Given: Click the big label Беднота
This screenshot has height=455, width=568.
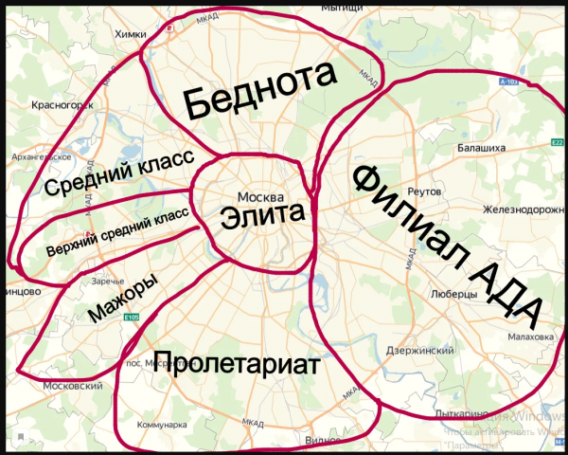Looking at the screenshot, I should coord(261,91).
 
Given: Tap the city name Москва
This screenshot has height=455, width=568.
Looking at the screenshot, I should coord(261,187).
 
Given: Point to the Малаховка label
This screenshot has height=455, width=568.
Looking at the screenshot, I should coord(530,337).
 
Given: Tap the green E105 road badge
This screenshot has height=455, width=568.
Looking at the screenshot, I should coord(131,318).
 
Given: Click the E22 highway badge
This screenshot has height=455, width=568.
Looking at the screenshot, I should coord(557,144).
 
